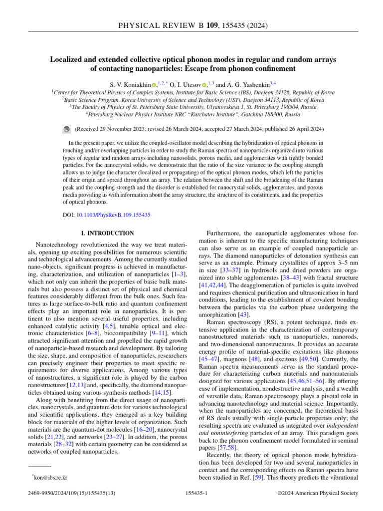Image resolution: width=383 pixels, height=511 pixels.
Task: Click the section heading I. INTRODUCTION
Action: (107, 233)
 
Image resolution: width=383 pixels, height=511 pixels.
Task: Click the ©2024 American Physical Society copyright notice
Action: (317, 494)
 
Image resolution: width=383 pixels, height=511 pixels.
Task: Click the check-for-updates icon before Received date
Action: (67, 129)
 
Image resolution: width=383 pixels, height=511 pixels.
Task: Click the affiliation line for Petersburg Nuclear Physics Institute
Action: (192, 114)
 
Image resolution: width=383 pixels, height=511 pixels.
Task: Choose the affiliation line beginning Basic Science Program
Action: (192, 100)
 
